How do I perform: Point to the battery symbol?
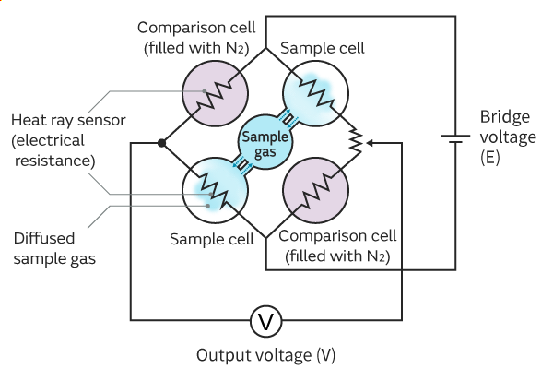(x=455, y=142)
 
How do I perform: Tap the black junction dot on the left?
(x=162, y=143)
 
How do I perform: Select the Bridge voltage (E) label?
(x=505, y=137)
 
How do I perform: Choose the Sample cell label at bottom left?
(x=211, y=239)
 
